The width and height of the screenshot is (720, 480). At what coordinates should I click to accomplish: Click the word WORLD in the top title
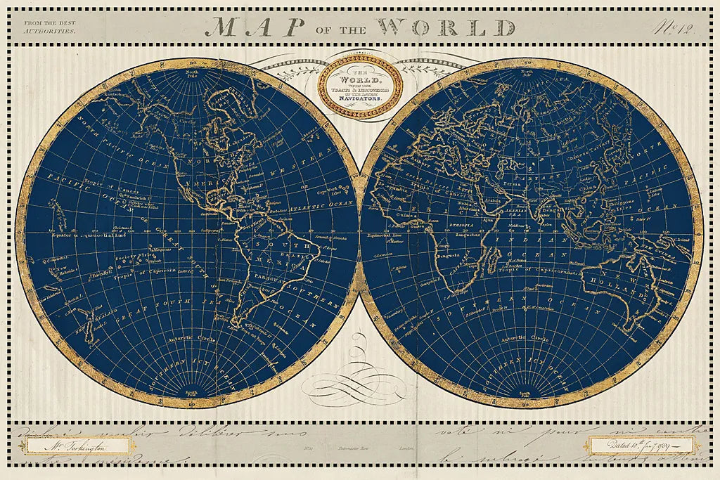[x=446, y=27]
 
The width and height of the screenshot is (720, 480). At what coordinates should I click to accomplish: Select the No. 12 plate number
[x=678, y=28]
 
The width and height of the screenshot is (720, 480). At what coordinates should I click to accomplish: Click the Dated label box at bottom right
[x=639, y=445]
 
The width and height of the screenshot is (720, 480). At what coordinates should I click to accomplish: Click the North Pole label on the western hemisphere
[x=192, y=72]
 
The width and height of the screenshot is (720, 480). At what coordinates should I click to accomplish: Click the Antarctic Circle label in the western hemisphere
[x=185, y=337]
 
